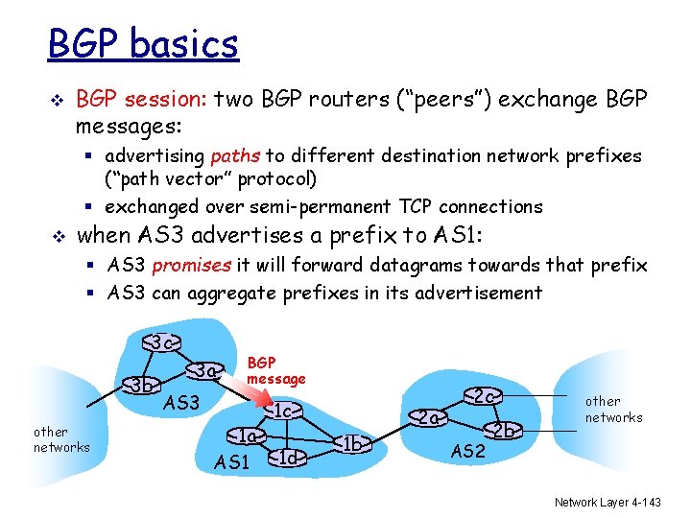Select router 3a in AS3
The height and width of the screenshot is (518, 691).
click(205, 369)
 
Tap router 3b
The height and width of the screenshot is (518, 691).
click(142, 387)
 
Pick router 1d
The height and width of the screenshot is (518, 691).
click(290, 459)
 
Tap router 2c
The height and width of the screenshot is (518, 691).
click(484, 395)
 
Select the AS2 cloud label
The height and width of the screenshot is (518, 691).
click(467, 452)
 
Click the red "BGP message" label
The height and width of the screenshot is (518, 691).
click(275, 370)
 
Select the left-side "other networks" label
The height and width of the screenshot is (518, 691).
click(60, 439)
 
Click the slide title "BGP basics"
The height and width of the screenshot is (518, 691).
click(143, 44)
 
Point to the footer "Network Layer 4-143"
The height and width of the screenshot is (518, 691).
click(608, 503)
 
